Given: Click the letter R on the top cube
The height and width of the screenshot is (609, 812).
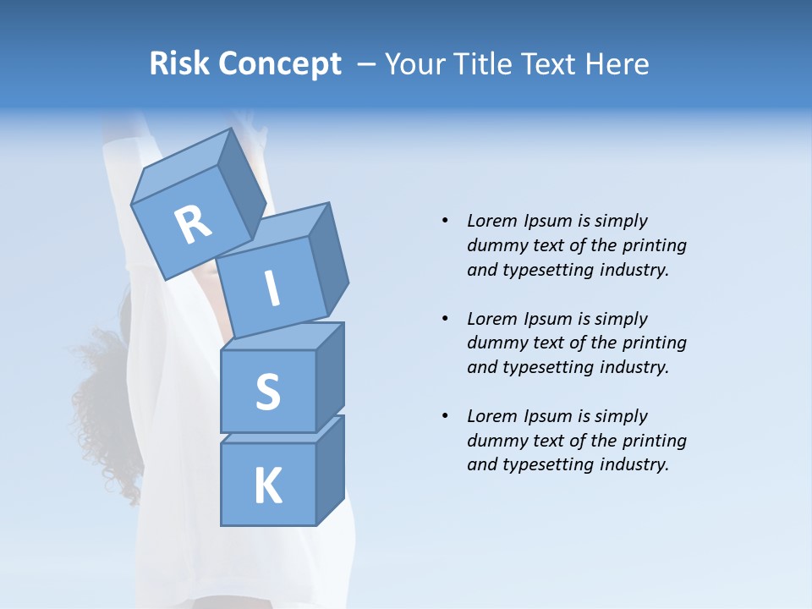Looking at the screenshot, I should coord(193,225).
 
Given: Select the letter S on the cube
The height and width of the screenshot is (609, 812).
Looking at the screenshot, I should coord(267,392).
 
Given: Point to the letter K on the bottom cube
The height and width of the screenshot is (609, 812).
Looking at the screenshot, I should coord(267,486).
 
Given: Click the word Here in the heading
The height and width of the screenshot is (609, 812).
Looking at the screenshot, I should coord(617,63).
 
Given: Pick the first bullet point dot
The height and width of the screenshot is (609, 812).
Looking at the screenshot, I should coord(445,222).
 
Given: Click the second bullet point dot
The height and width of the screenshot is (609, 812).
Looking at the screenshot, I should coord(445,319).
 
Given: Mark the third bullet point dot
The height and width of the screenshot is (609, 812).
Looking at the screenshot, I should coord(445,416).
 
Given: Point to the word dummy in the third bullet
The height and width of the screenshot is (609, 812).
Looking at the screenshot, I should coord(493,441).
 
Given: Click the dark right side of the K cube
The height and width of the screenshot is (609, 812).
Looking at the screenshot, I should coord(330,474).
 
